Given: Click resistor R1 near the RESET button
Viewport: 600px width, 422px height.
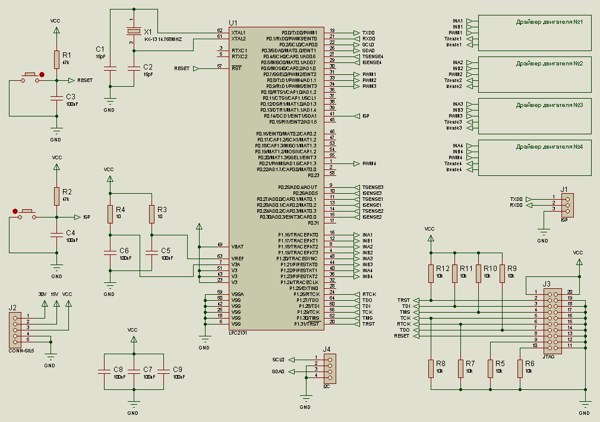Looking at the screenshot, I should (x=56, y=59).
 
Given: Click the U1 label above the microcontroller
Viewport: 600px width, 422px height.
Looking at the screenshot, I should (x=232, y=23).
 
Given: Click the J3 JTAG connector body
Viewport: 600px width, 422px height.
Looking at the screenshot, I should (x=553, y=319).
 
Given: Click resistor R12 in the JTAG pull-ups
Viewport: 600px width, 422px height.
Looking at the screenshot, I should (x=431, y=273).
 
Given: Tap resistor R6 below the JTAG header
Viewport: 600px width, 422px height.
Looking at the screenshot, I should (x=520, y=368).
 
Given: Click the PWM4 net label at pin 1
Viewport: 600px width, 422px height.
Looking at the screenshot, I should (x=369, y=163).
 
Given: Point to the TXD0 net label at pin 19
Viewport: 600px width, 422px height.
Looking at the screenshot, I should (x=368, y=32).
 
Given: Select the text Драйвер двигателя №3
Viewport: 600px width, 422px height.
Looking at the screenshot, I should (x=549, y=105).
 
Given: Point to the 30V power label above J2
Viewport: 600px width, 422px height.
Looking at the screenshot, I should (x=42, y=294).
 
